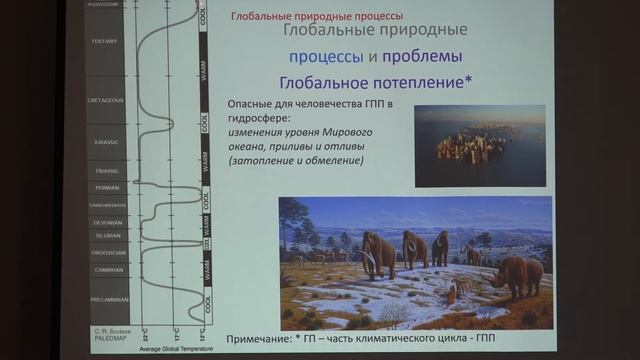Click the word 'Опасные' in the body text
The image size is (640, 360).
tap(254, 104)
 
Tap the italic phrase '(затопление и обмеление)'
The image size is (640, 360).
tap(296, 161)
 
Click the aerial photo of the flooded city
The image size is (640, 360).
tap(479, 145)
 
